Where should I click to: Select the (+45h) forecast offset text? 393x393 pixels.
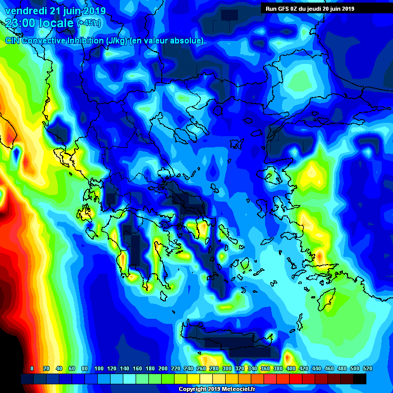[88, 23]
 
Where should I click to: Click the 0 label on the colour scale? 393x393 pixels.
[32, 368]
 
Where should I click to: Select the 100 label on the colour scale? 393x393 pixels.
[98, 368]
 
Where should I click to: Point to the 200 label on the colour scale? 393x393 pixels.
[162, 368]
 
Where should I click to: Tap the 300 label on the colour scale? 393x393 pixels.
[226, 368]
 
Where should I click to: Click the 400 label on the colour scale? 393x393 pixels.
[291, 368]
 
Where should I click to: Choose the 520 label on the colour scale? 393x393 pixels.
[367, 368]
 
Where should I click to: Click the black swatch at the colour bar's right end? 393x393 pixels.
[359, 379]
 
